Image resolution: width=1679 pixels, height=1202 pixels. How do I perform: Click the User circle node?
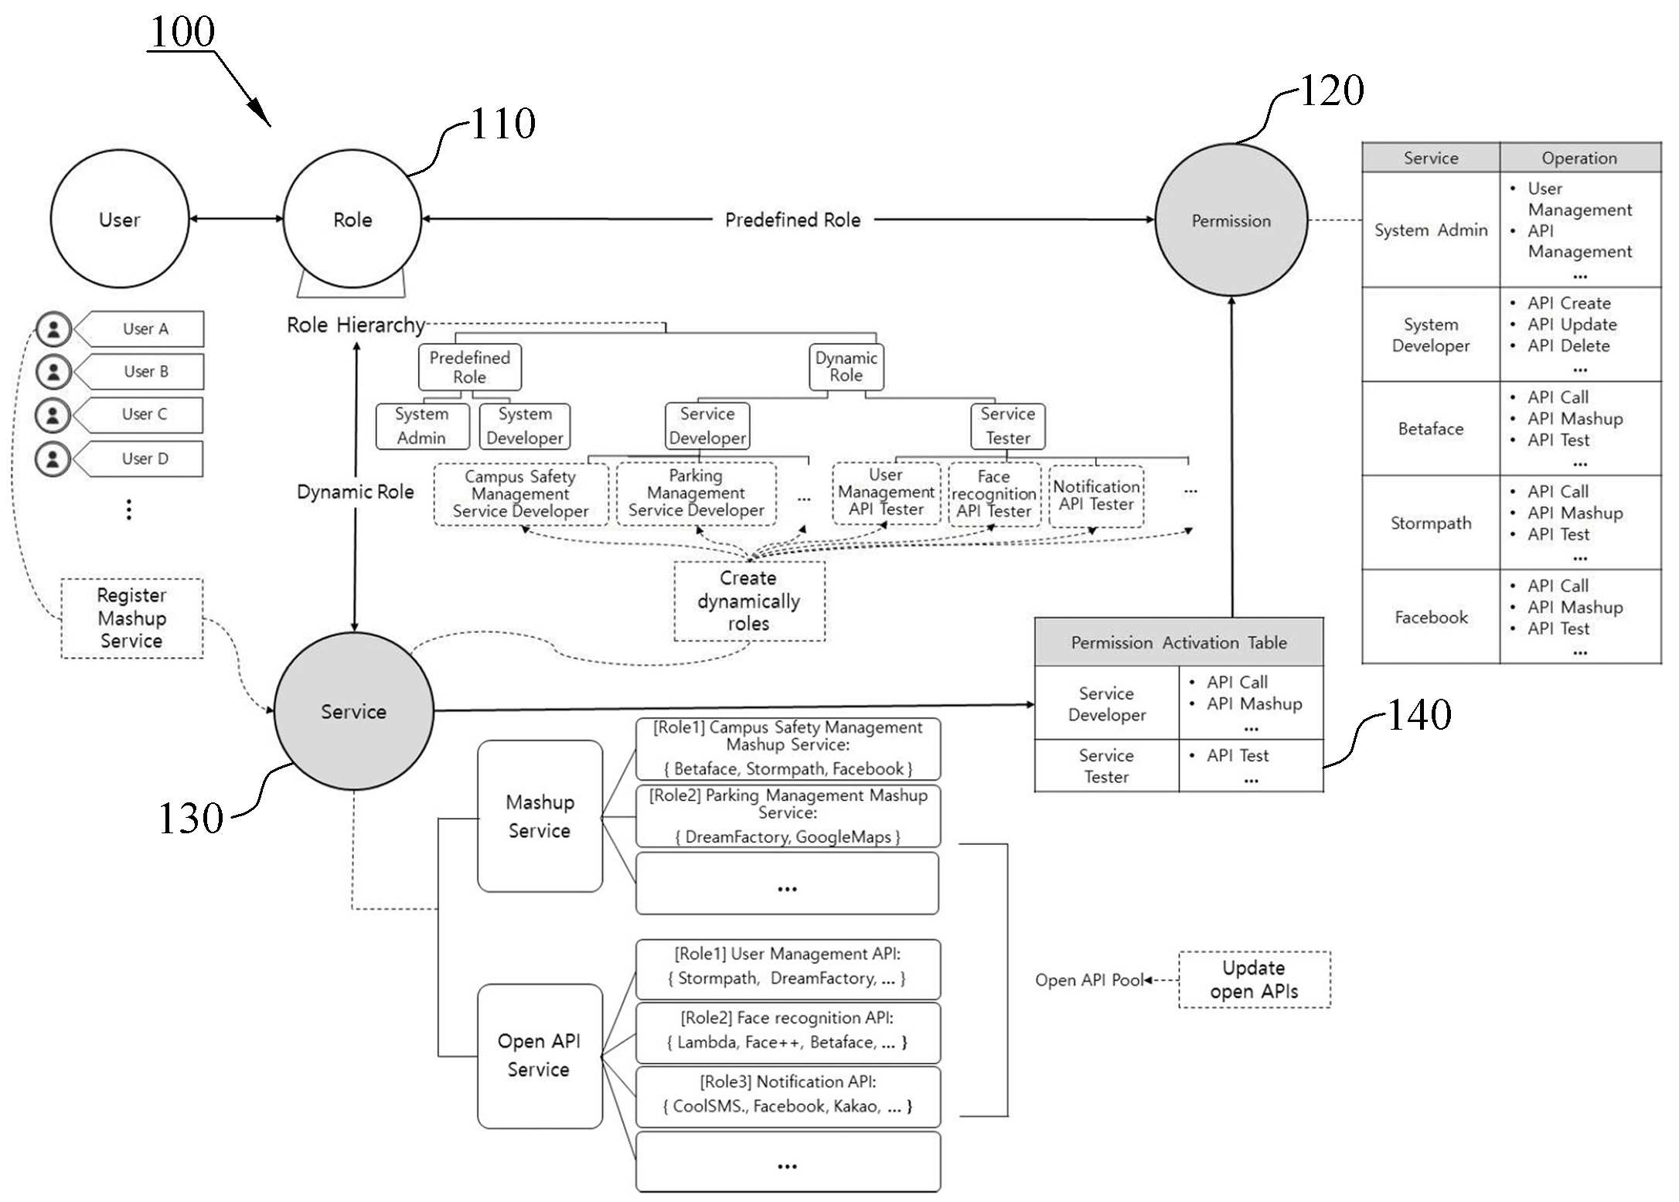click(120, 219)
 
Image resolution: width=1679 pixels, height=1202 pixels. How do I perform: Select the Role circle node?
click(352, 219)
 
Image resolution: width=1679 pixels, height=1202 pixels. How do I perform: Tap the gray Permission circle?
click(1231, 220)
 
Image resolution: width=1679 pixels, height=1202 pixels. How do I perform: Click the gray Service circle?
click(354, 711)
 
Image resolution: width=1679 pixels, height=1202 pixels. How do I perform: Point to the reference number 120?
click(1332, 90)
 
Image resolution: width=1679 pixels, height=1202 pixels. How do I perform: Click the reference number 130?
click(190, 818)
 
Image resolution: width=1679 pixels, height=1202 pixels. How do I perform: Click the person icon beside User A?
click(53, 329)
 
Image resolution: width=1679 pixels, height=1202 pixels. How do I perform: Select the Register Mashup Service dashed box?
click(132, 618)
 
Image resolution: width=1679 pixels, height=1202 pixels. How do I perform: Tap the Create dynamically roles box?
click(749, 601)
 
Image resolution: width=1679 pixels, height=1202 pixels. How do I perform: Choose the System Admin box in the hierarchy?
click(422, 426)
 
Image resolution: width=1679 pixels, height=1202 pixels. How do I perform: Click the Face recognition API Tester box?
click(994, 494)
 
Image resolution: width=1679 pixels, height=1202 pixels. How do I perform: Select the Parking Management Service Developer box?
click(696, 494)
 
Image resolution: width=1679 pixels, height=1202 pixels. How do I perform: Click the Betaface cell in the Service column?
click(1431, 428)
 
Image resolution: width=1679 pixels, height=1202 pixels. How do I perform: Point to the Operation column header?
click(1580, 158)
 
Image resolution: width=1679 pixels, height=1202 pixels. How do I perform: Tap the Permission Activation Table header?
click(1179, 642)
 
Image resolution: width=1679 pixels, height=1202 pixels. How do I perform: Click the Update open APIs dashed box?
click(1254, 979)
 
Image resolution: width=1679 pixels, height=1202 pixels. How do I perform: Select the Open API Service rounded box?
click(540, 1055)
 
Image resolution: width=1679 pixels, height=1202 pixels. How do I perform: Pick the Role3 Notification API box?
click(788, 1096)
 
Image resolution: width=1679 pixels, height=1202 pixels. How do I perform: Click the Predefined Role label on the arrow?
click(792, 220)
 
